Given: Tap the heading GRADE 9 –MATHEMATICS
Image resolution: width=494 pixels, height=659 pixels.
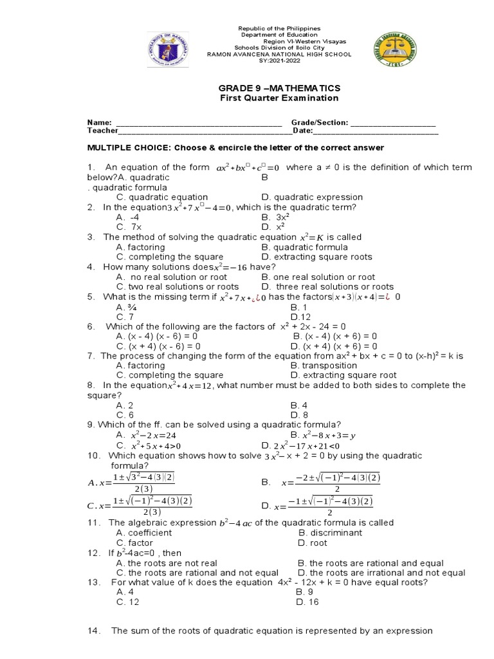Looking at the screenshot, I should pyautogui.click(x=279, y=88).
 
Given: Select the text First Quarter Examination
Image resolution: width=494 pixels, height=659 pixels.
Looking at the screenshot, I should pyautogui.click(x=279, y=98).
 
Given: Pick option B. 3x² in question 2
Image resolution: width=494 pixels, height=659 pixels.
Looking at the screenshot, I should pyautogui.click(x=276, y=218).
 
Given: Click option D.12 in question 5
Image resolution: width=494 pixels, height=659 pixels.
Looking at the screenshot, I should pyautogui.click(x=301, y=317).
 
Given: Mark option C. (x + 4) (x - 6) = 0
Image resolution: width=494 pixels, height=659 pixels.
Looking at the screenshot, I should pyautogui.click(x=158, y=346).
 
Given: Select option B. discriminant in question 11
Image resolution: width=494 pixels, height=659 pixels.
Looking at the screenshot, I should pyautogui.click(x=330, y=533).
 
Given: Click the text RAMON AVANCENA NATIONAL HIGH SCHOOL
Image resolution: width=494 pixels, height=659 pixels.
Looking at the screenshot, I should pyautogui.click(x=279, y=55).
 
